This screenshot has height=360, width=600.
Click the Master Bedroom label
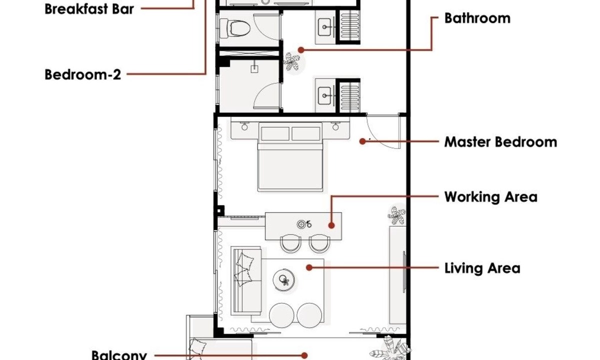click(500, 142)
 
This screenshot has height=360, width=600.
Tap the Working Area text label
click(490, 197)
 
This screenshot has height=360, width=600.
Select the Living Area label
click(482, 268)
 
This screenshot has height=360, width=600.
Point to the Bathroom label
click(477, 18)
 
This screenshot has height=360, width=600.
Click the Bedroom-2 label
click(83, 74)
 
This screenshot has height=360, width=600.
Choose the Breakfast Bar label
click(89, 9)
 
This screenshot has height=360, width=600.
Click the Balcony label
click(119, 355)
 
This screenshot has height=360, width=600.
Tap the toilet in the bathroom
click(234, 28)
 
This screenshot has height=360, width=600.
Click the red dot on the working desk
click(331, 225)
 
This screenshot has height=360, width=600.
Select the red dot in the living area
click(309, 267)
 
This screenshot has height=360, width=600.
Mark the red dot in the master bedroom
click(362, 141)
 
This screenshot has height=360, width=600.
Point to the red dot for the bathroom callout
click(301, 50)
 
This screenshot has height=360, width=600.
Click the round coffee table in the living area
click(283, 279)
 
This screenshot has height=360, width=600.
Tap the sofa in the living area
click(246, 280)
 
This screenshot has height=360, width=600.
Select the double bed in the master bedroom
click(290, 157)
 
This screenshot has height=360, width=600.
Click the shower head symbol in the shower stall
click(254, 68)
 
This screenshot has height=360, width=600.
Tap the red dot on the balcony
click(304, 355)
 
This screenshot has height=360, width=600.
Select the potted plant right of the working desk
click(396, 215)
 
